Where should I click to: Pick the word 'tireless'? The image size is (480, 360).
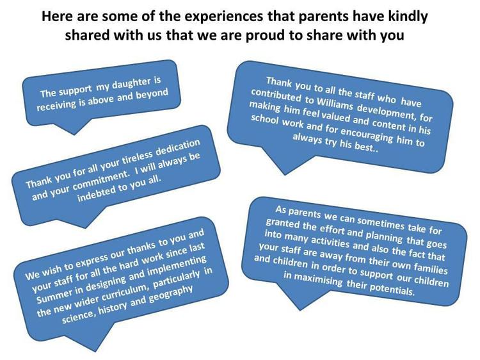[138, 158]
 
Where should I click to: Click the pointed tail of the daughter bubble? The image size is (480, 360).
[74, 135]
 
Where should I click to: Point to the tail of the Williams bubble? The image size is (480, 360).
[285, 175]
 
